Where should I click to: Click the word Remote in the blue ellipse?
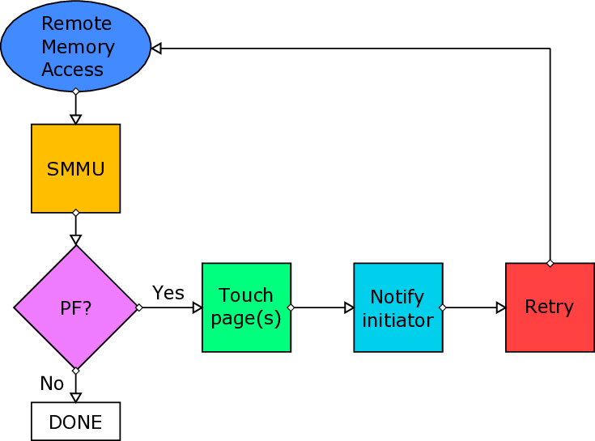click(x=76, y=23)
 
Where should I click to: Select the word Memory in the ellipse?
click(x=78, y=47)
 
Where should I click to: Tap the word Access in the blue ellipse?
click(x=73, y=70)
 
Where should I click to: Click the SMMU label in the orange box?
click(x=75, y=169)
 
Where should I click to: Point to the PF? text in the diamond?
click(x=75, y=308)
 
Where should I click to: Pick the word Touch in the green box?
click(x=246, y=295)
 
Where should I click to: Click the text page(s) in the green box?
click(x=246, y=318)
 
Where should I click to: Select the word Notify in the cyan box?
click(x=397, y=296)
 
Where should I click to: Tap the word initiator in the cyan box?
click(x=397, y=320)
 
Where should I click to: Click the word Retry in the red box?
click(x=549, y=307)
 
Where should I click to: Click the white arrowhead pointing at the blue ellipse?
click(x=157, y=49)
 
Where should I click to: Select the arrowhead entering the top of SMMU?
click(x=76, y=120)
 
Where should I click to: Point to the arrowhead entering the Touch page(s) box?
click(x=197, y=307)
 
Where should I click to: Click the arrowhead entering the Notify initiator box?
click(x=349, y=307)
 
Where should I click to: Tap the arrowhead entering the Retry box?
click(x=501, y=307)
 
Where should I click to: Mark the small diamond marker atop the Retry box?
click(x=550, y=264)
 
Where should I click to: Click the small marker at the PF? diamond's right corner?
click(x=139, y=307)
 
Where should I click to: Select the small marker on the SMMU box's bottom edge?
click(x=76, y=213)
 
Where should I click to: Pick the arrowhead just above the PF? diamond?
click(x=76, y=239)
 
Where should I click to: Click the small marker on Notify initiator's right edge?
click(x=442, y=307)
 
